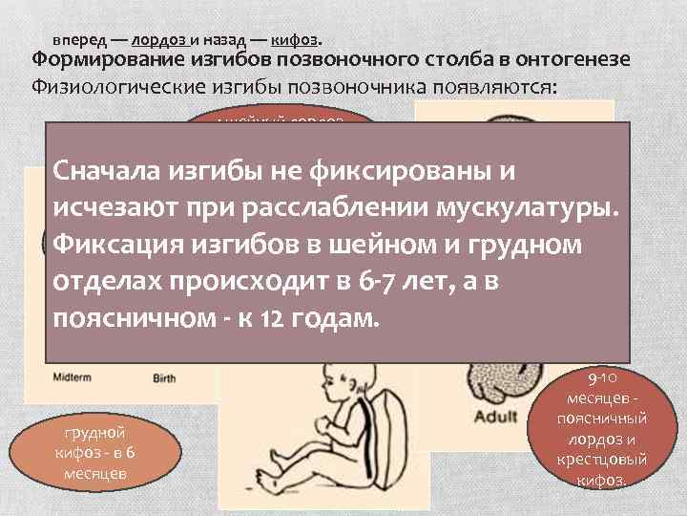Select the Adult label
496,417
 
